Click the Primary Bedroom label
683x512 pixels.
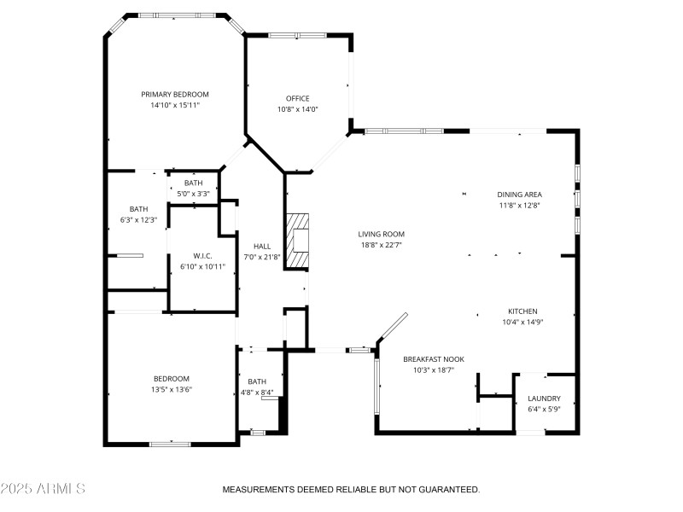click(x=175, y=95)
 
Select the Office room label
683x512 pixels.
click(x=297, y=98)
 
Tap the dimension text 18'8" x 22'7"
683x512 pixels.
click(x=381, y=244)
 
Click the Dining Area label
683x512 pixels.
click(x=520, y=194)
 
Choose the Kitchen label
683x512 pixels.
click(x=522, y=311)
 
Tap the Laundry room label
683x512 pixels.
click(x=544, y=399)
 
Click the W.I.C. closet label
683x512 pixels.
click(x=202, y=256)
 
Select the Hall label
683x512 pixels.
click(x=262, y=246)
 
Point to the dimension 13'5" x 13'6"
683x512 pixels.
click(x=172, y=389)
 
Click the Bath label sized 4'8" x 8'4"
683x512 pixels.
click(x=257, y=381)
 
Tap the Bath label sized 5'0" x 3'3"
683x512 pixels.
click(x=194, y=183)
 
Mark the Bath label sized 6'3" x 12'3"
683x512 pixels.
click(x=138, y=209)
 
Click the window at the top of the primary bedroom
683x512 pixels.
click(x=176, y=15)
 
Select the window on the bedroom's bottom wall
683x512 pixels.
click(x=169, y=443)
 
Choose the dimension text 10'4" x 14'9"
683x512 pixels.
click(x=522, y=322)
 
